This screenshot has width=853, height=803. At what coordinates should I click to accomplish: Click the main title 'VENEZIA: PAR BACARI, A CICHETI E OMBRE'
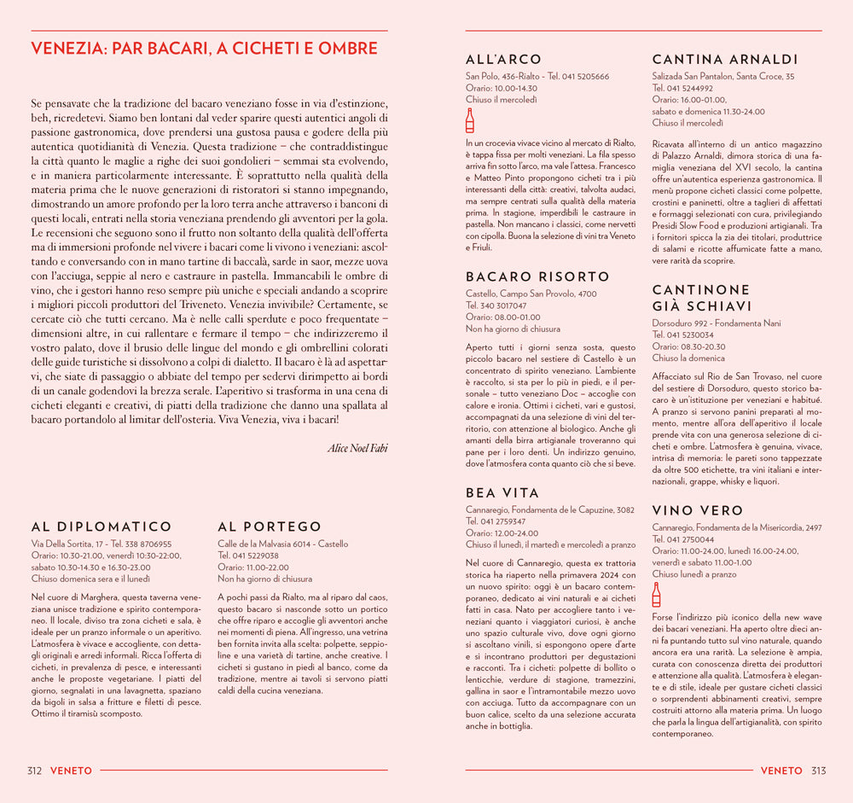pyautogui.click(x=204, y=49)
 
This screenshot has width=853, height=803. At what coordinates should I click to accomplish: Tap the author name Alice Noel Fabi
pyautogui.click(x=357, y=448)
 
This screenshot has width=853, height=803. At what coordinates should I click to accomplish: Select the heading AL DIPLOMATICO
pyautogui.click(x=102, y=527)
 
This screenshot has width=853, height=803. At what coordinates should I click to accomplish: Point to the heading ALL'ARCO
pyautogui.click(x=503, y=60)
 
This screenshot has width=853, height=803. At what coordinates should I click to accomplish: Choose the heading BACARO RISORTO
pyautogui.click(x=537, y=277)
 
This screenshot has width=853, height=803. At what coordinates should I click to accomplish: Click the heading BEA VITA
pyautogui.click(x=502, y=493)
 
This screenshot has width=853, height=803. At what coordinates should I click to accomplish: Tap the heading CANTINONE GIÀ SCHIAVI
pyautogui.click(x=702, y=298)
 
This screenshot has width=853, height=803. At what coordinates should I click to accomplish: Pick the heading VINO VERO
pyautogui.click(x=698, y=511)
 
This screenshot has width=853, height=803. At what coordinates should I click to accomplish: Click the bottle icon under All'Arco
pyautogui.click(x=470, y=119)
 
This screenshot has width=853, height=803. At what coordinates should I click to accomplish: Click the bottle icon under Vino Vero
pyautogui.click(x=656, y=594)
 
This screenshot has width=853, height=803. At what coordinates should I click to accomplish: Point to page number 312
pyautogui.click(x=35, y=771)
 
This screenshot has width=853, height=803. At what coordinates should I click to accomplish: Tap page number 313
pyautogui.click(x=818, y=771)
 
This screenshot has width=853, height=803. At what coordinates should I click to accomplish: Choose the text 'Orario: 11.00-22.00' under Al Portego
pyautogui.click(x=253, y=567)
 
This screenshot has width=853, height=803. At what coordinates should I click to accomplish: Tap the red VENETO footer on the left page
pyautogui.click(x=71, y=771)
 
